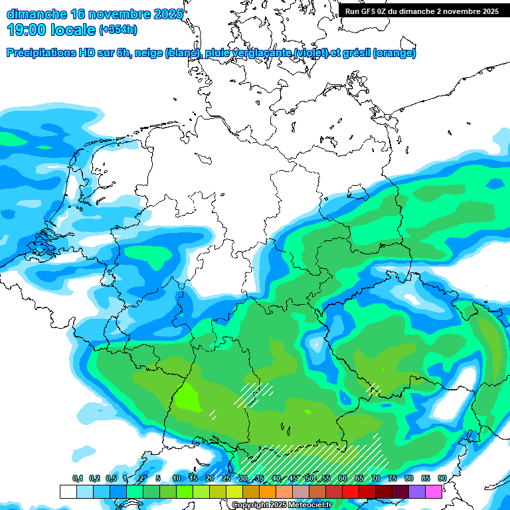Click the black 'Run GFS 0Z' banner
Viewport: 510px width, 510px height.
click(x=422, y=11)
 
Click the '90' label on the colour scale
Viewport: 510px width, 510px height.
click(x=442, y=478)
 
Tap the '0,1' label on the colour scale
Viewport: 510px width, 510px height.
click(x=77, y=478)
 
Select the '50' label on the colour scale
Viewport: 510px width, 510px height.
click(x=309, y=478)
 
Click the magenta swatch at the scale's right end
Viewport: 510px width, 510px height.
click(x=434, y=491)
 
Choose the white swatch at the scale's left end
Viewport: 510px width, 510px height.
click(x=68, y=491)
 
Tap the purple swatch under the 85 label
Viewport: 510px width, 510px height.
click(x=417, y=491)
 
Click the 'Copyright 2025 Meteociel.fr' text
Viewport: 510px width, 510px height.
click(x=282, y=505)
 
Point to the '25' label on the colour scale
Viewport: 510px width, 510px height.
click(x=226, y=478)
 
